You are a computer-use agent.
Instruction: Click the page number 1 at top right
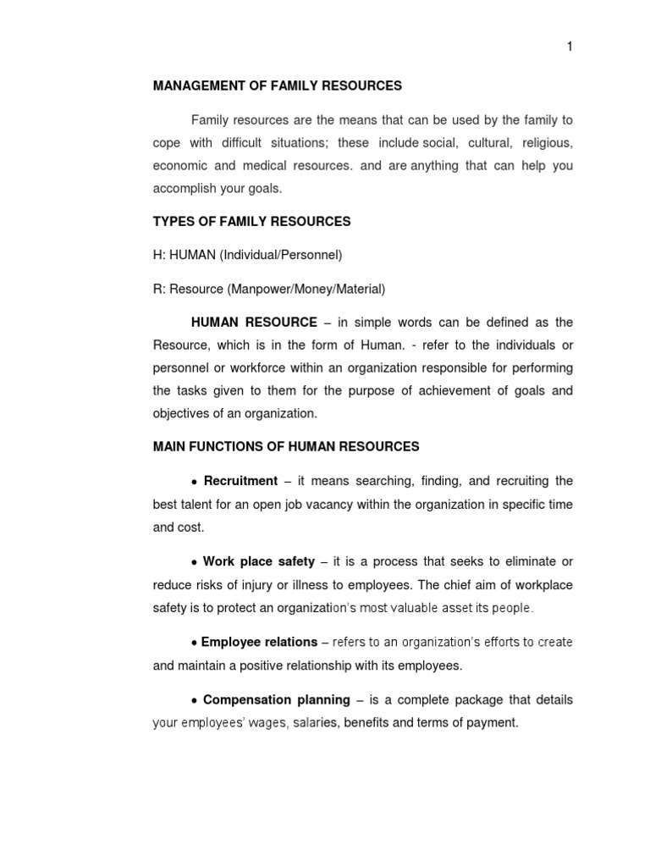coord(570,47)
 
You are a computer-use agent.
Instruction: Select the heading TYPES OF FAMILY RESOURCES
coord(251,222)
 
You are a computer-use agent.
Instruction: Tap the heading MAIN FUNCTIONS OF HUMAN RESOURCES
coord(285,446)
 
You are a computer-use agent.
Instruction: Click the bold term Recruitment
coord(240,481)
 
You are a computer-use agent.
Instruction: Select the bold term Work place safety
coord(259,561)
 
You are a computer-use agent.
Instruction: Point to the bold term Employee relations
coord(259,642)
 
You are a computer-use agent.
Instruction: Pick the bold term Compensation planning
coord(276,699)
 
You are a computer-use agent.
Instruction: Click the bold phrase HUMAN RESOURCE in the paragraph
coord(254,322)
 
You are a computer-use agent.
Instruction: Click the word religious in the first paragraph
coord(547,142)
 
